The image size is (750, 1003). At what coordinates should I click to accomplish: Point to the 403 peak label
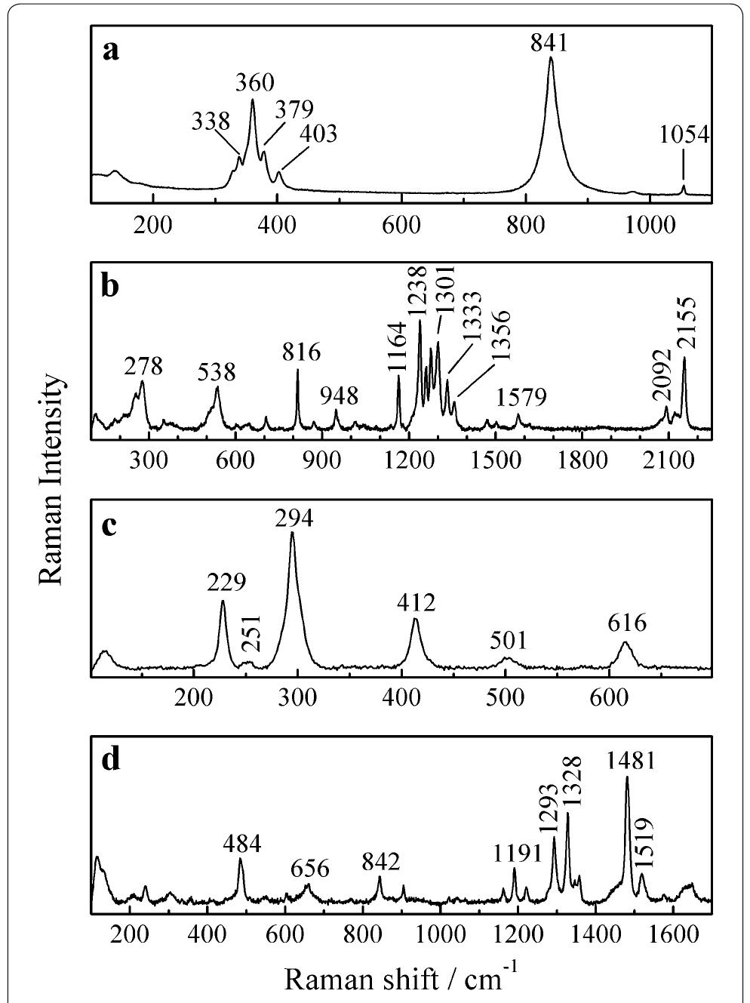(x=318, y=134)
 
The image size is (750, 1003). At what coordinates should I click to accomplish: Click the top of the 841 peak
(x=551, y=58)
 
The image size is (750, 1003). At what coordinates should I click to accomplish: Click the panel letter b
(x=112, y=287)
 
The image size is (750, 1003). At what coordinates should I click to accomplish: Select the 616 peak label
(x=627, y=623)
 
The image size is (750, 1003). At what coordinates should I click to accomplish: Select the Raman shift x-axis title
(x=401, y=979)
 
